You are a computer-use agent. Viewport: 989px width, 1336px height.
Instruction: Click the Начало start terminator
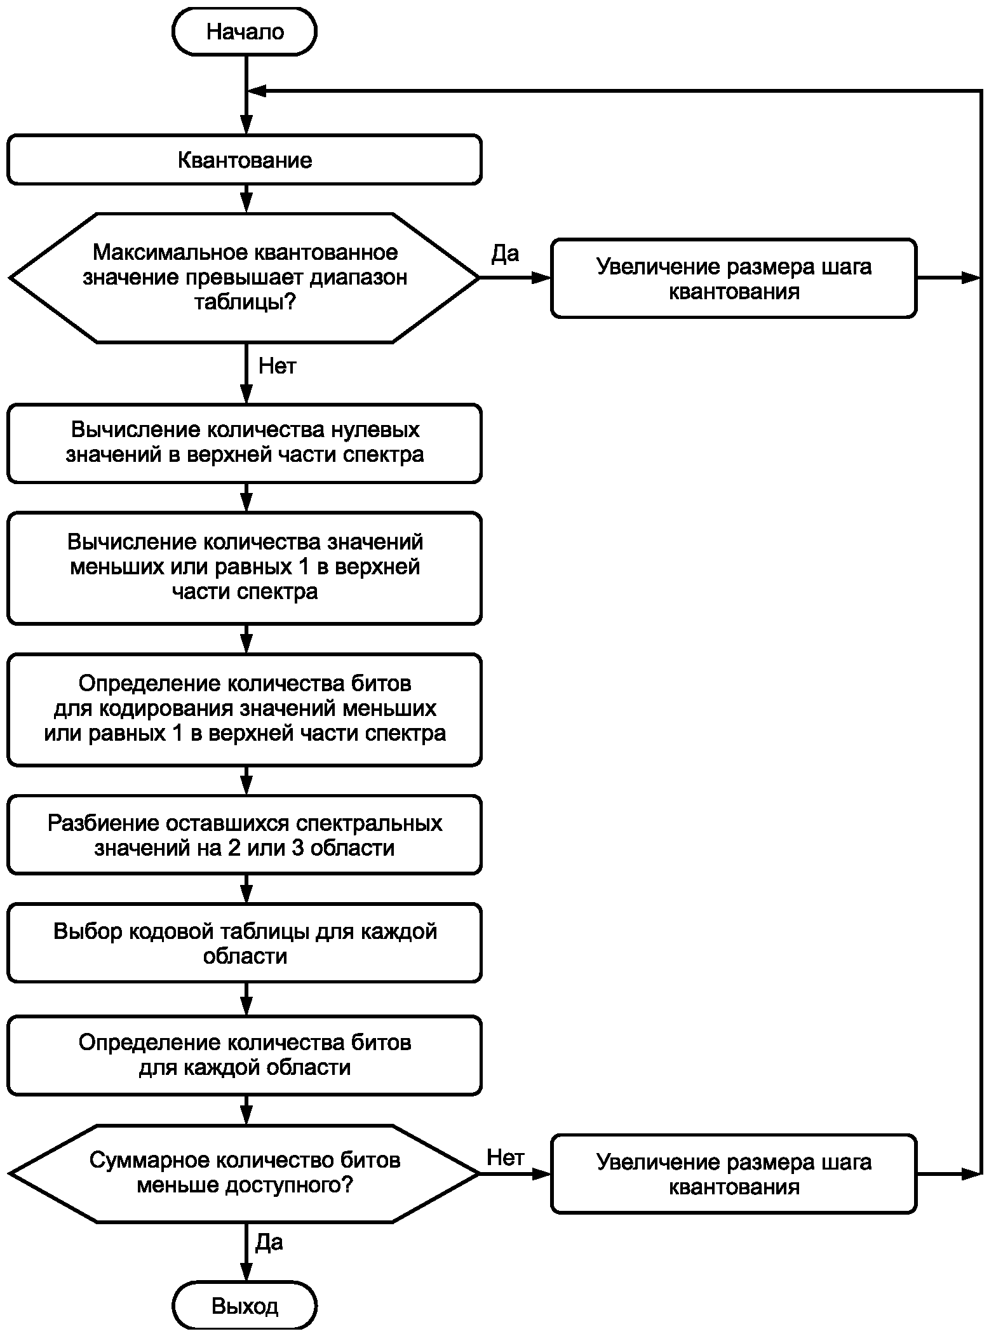coord(245,32)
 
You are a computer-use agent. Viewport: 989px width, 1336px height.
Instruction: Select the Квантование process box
coord(245,159)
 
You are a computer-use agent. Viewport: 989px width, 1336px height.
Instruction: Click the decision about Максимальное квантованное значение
coord(245,278)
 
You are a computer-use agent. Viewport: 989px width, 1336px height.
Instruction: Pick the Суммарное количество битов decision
coord(245,1173)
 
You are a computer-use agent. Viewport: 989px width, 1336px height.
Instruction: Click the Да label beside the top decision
coord(506,253)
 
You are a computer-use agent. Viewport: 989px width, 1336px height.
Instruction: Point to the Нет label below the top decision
coord(278,366)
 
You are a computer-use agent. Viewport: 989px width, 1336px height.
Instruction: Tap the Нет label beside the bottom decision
coord(506,1157)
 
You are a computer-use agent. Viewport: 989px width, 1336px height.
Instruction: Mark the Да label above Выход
coord(269,1242)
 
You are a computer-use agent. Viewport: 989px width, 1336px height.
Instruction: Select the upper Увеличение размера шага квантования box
coord(734,278)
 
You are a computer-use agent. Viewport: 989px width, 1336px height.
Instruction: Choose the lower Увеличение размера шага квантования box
coord(734,1174)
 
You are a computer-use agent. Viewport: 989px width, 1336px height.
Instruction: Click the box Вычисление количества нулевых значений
coord(245,443)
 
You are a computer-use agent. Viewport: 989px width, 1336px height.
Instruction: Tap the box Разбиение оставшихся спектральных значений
coord(245,835)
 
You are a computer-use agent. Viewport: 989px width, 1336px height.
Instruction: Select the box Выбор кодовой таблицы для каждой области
coord(245,943)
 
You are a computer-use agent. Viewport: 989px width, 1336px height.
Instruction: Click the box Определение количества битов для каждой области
coord(245,1055)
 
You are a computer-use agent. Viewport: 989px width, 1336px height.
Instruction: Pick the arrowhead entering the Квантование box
coord(246,125)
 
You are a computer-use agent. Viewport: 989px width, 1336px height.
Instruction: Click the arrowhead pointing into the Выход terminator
coord(246,1272)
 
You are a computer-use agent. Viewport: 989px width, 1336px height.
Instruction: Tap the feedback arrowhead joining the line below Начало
coord(257,91)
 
